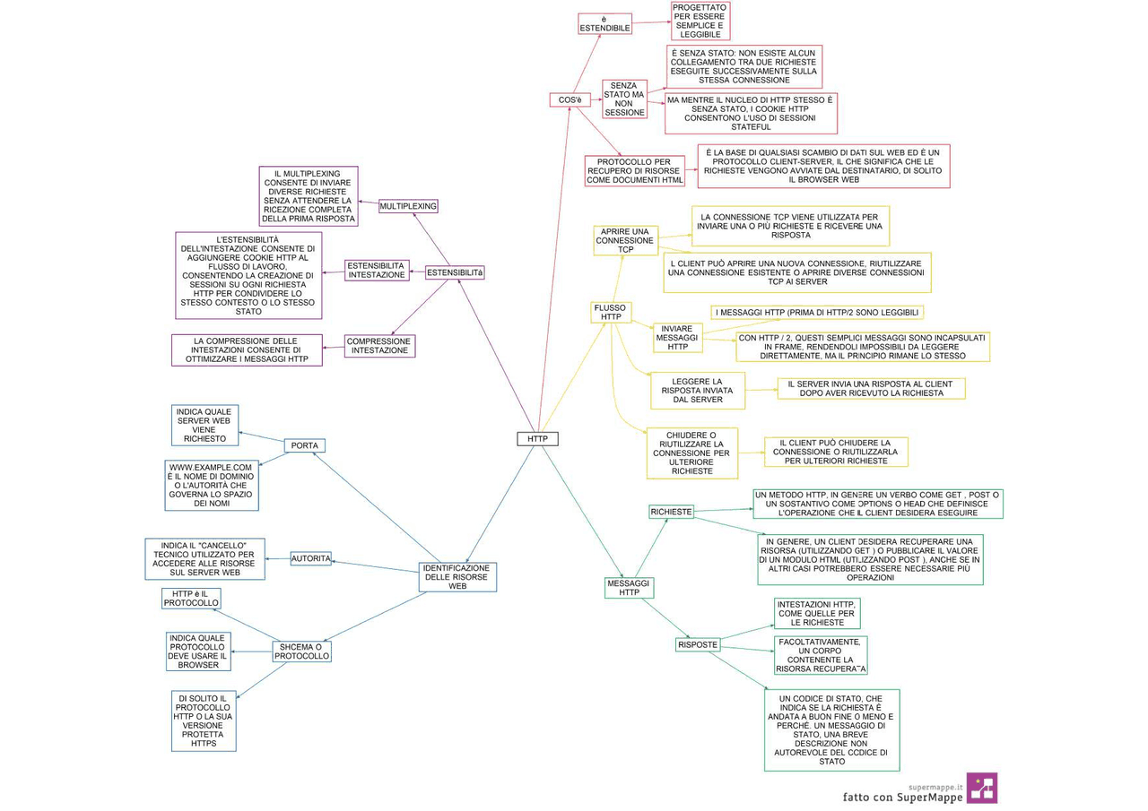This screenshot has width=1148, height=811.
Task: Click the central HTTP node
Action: pyautogui.click(x=537, y=439)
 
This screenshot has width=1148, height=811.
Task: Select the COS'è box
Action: pyautogui.click(x=570, y=99)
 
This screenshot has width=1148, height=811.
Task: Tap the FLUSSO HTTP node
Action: pyautogui.click(x=611, y=312)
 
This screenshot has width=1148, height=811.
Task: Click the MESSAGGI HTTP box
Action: pyautogui.click(x=629, y=587)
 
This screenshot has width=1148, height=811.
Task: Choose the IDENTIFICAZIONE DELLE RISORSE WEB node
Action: pyautogui.click(x=457, y=577)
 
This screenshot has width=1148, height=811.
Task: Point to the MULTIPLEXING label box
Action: pyautogui.click(x=408, y=206)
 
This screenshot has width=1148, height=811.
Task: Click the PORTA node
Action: pyautogui.click(x=305, y=445)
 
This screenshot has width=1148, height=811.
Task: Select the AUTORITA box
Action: pyautogui.click(x=311, y=558)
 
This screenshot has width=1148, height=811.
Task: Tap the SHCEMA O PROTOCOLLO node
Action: pyautogui.click(x=302, y=651)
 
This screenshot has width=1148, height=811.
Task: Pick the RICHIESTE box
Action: pyautogui.click(x=671, y=512)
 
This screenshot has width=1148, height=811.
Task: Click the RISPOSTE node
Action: pyautogui.click(x=698, y=644)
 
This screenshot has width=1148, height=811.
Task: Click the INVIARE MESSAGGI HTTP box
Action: pyautogui.click(x=677, y=338)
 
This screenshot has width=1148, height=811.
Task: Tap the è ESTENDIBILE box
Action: pyautogui.click(x=604, y=23)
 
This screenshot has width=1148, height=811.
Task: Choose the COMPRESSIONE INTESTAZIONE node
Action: pyautogui.click(x=379, y=346)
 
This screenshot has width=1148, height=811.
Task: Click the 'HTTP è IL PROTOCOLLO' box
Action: pyautogui.click(x=191, y=599)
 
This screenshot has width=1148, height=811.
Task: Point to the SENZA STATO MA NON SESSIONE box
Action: pyautogui.click(x=624, y=99)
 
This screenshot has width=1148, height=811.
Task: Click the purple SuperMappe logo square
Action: pyautogui.click(x=981, y=788)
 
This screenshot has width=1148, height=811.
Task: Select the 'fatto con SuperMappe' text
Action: pyautogui.click(x=902, y=797)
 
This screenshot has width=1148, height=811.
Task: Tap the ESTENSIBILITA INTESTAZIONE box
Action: pyautogui.click(x=377, y=270)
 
